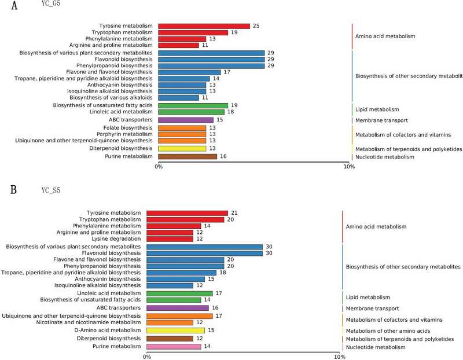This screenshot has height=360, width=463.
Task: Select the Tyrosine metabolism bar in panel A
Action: click(x=204, y=26)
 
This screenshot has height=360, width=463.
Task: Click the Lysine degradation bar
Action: click(x=170, y=238)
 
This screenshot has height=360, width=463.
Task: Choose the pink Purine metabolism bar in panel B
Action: click(x=174, y=346)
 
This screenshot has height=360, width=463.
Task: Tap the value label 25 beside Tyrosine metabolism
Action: click(x=256, y=26)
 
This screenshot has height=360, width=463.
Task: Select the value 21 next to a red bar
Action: click(x=234, y=213)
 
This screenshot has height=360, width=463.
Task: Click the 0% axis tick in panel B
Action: click(x=147, y=357)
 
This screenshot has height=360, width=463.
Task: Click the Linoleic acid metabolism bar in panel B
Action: click(x=179, y=293)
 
